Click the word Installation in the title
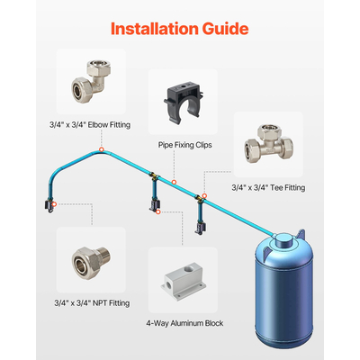point(155,28)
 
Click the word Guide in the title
point(222,28)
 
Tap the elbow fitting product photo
point(90,81)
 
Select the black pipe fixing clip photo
point(179,105)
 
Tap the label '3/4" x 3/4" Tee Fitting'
point(267,187)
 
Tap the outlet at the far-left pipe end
point(44,205)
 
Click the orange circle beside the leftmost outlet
point(55,204)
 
